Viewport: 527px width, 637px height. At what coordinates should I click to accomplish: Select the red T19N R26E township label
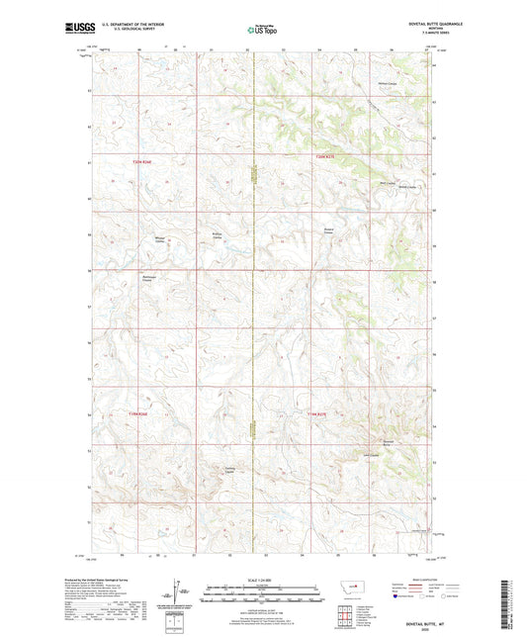[x=143, y=414]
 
